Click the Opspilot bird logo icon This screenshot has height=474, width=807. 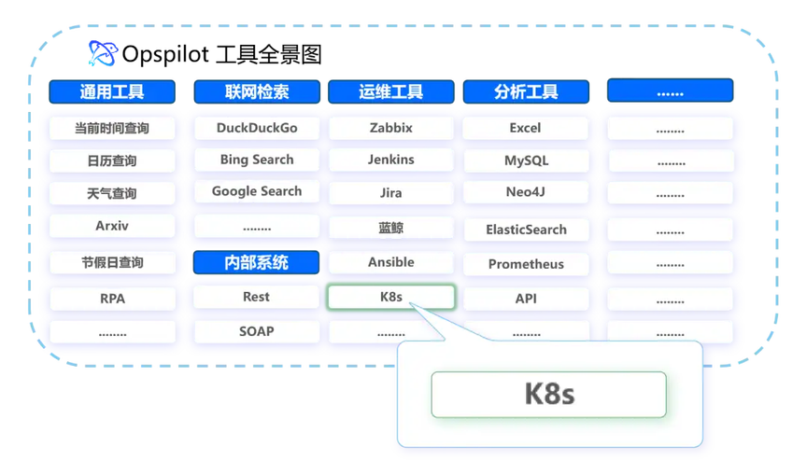[x=103, y=53]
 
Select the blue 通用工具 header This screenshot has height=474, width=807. [x=112, y=92]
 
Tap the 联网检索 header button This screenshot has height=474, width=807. [x=257, y=92]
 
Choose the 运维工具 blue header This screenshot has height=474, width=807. [x=391, y=92]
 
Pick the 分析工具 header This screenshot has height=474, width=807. [x=526, y=92]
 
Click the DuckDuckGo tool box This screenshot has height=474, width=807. [x=257, y=128]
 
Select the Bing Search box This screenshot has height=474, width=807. [x=257, y=160]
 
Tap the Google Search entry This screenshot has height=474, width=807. [x=257, y=192]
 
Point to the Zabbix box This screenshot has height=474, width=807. [x=391, y=128]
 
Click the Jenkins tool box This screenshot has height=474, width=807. [x=391, y=160]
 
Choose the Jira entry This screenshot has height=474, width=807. [x=391, y=193]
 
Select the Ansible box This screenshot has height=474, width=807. [x=391, y=263]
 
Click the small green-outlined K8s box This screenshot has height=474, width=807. [x=391, y=297]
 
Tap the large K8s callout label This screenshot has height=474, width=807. [x=549, y=395]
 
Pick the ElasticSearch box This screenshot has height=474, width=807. [x=526, y=230]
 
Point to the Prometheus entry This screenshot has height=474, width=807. [x=526, y=264]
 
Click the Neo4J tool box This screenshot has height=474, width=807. [x=526, y=192]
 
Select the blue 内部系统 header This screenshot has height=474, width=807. [x=256, y=263]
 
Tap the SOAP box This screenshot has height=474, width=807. [x=257, y=331]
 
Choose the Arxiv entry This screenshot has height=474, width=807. [x=112, y=226]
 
